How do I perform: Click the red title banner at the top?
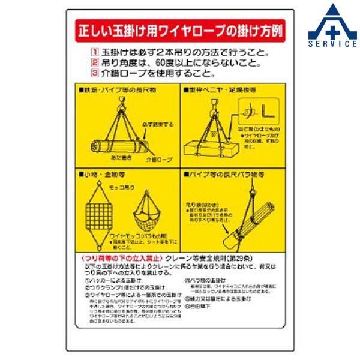(179, 30)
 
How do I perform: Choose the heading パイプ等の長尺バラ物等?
(224, 175)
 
